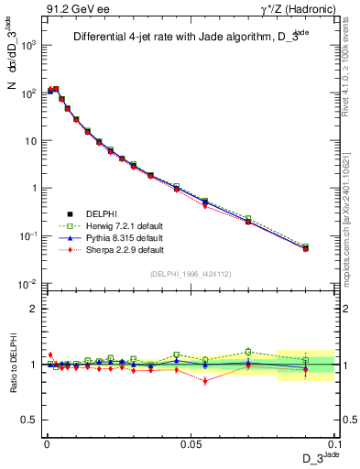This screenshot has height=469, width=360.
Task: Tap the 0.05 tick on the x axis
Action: pos(190,442)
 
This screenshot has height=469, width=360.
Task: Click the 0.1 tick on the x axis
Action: pos(333,442)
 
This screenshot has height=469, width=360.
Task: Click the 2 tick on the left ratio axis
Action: pos(35,309)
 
